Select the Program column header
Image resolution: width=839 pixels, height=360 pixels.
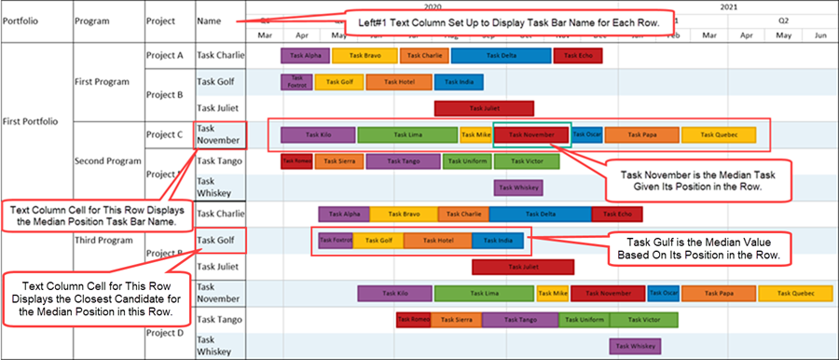(91, 20)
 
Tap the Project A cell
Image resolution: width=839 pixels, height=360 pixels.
(165, 55)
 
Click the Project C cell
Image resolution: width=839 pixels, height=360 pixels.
(165, 134)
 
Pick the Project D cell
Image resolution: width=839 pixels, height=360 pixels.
(165, 332)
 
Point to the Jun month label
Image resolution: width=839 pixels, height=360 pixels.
(820, 35)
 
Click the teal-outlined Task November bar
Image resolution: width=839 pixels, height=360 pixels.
(531, 134)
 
